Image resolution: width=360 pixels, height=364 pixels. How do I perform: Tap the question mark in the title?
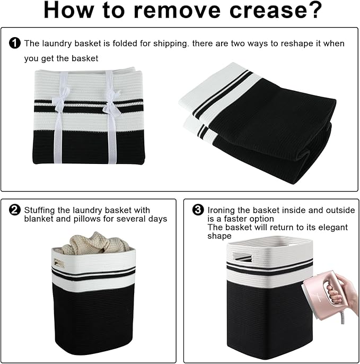click(x=314, y=10)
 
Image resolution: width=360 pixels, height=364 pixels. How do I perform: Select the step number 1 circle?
click(x=15, y=43)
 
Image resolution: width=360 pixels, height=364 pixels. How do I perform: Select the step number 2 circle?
click(x=15, y=210)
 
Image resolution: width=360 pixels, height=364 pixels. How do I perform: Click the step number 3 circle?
click(x=198, y=210)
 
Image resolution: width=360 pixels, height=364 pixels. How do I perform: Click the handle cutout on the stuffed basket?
click(x=59, y=263)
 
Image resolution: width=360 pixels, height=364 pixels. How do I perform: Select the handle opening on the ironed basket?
click(x=242, y=257)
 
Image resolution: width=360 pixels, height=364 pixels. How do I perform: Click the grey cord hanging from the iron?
click(x=341, y=317)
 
